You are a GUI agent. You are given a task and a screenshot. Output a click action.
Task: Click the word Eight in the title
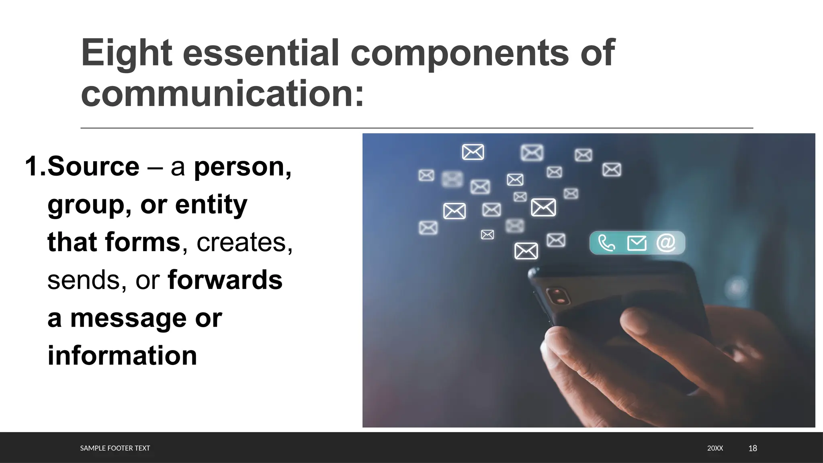[x=127, y=53]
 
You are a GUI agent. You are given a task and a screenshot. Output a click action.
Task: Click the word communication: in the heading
[x=222, y=94]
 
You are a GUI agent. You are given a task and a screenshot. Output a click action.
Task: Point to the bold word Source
[x=93, y=166]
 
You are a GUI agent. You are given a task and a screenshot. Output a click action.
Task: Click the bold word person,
[x=243, y=166]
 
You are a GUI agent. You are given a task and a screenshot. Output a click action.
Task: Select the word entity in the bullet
[x=211, y=205]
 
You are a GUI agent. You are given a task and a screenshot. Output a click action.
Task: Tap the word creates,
[x=244, y=242]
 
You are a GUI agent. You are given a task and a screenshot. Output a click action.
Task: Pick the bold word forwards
[x=225, y=280]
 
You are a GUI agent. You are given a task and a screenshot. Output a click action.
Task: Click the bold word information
[x=122, y=356]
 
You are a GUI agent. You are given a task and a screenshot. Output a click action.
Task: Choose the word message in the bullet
[x=129, y=318]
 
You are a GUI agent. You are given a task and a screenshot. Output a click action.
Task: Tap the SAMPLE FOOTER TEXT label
[x=115, y=448]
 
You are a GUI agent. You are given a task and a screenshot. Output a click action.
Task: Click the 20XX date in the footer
[x=715, y=448]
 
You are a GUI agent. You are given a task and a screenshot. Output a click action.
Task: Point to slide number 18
[x=753, y=448]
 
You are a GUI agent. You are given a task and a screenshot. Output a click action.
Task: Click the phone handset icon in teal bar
[x=606, y=243]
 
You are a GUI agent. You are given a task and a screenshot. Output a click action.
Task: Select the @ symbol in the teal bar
[x=666, y=243]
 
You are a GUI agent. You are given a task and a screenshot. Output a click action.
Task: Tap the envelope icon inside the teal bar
[x=637, y=243]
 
